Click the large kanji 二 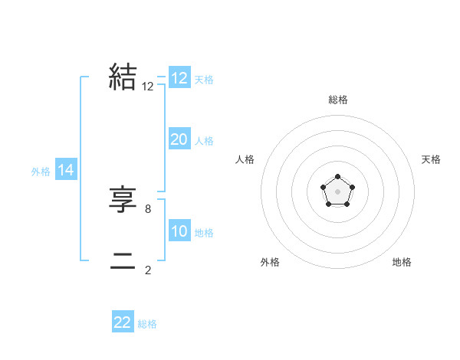(123, 260)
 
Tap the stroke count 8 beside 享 (148, 208)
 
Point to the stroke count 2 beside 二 (148, 270)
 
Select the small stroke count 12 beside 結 (148, 87)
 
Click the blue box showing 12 (179, 78)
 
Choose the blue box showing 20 (179, 139)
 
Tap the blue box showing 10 (179, 231)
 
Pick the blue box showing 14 (66, 170)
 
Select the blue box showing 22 (123, 322)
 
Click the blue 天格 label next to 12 (204, 79)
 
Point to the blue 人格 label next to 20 (204, 140)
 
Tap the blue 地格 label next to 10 (204, 232)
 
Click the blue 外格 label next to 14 (41, 172)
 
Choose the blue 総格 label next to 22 (147, 324)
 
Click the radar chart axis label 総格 (338, 100)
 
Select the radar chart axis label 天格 (432, 159)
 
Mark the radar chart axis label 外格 (270, 262)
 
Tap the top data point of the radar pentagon (337, 178)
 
